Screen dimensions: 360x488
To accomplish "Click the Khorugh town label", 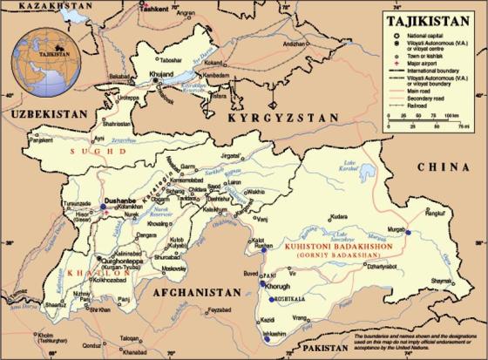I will (x=281, y=285).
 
